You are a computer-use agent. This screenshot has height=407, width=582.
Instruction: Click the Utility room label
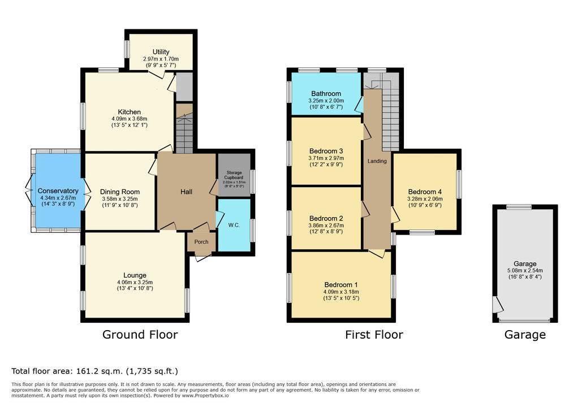click(161, 52)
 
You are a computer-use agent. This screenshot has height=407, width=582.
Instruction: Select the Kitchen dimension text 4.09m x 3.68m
click(130, 119)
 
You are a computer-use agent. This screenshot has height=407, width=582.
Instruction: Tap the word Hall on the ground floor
click(186, 192)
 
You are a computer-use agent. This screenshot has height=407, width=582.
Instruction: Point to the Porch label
click(201, 242)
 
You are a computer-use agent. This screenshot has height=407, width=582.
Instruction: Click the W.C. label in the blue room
click(234, 225)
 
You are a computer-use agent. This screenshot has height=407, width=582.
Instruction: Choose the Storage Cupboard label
click(234, 175)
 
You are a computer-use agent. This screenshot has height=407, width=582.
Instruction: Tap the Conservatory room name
click(58, 191)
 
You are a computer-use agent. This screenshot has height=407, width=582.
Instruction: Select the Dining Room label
click(120, 192)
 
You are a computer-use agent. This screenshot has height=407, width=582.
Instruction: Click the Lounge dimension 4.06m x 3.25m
click(135, 282)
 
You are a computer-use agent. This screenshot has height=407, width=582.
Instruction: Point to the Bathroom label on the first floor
click(326, 93)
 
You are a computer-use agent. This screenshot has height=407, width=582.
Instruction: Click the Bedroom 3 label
click(326, 151)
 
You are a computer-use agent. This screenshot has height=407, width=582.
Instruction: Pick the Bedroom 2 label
click(326, 219)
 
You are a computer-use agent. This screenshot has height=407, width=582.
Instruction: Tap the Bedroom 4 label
click(425, 192)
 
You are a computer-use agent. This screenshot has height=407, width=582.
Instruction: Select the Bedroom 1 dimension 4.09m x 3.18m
click(341, 292)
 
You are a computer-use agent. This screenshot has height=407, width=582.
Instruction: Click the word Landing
click(377, 161)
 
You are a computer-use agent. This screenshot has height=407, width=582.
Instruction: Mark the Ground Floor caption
click(140, 335)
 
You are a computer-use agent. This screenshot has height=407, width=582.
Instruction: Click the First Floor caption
click(374, 335)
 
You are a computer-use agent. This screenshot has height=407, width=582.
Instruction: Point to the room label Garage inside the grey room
click(525, 264)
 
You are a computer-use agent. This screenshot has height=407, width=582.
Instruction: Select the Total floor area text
click(94, 371)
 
